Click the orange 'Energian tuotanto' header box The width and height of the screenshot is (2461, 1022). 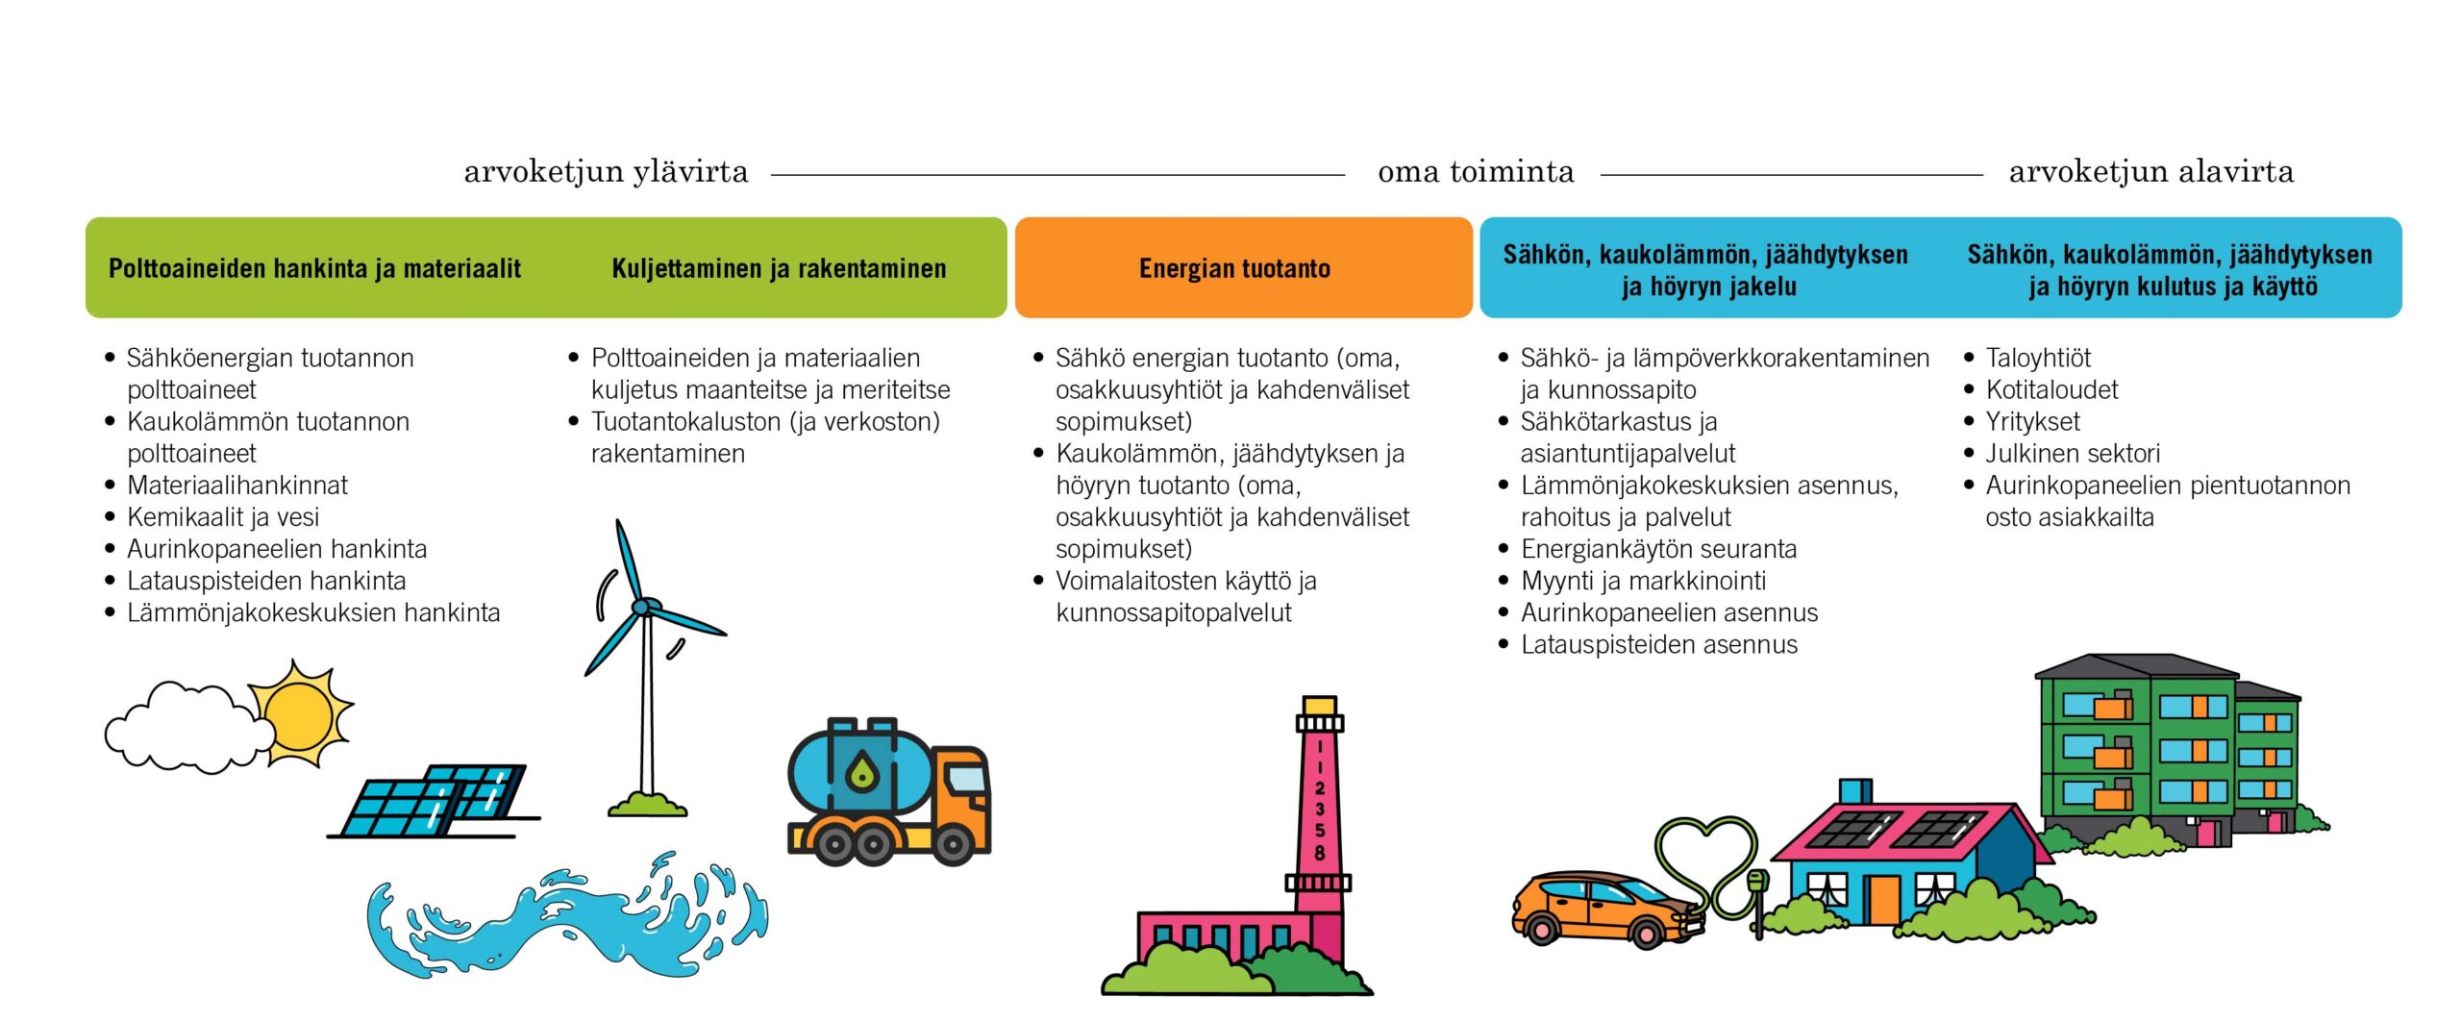tap(1243, 267)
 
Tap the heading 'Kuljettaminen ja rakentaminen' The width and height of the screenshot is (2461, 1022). tap(779, 268)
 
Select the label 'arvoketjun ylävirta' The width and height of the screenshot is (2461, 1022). tap(606, 171)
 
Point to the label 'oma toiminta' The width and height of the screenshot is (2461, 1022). tap(1476, 171)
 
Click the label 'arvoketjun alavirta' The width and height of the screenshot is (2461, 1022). tap(2151, 171)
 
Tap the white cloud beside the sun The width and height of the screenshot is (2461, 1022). tap(183, 728)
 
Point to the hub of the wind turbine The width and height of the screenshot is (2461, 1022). tap(641, 607)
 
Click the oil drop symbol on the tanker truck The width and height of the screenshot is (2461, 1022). tap(861, 771)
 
